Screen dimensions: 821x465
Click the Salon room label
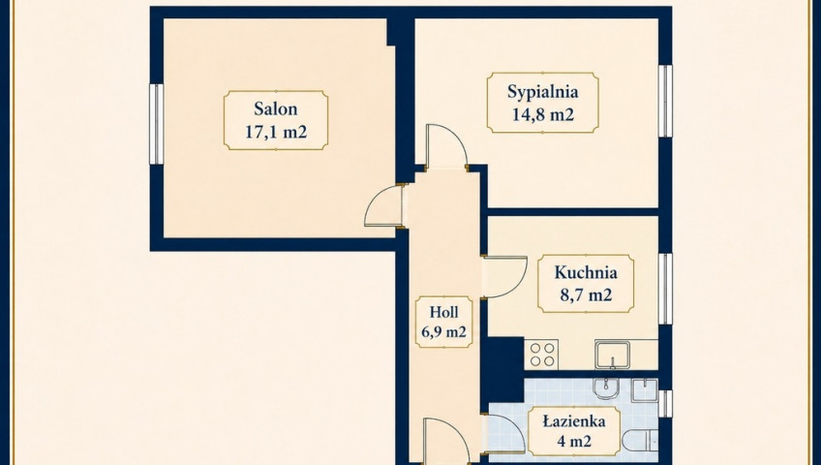pos(275,108)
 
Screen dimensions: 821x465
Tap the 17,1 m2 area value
pos(275,132)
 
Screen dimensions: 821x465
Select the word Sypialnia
pos(542,92)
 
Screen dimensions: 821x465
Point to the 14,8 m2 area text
pos(542,113)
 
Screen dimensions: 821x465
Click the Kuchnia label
pos(586,272)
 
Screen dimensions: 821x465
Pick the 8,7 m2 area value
pos(586,294)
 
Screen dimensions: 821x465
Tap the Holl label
pos(443,312)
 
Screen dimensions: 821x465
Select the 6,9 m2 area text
pos(443,331)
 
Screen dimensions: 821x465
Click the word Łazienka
pos(574,421)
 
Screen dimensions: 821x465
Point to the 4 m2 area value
pos(574,441)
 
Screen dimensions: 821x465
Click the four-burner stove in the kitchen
pos(541,355)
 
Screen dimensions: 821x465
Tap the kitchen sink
pos(612,355)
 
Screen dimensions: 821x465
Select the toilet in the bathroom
pos(640,441)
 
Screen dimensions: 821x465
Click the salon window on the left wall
pos(157,124)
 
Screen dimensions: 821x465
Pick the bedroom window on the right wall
pos(665,101)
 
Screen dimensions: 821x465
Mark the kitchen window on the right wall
pos(665,289)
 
